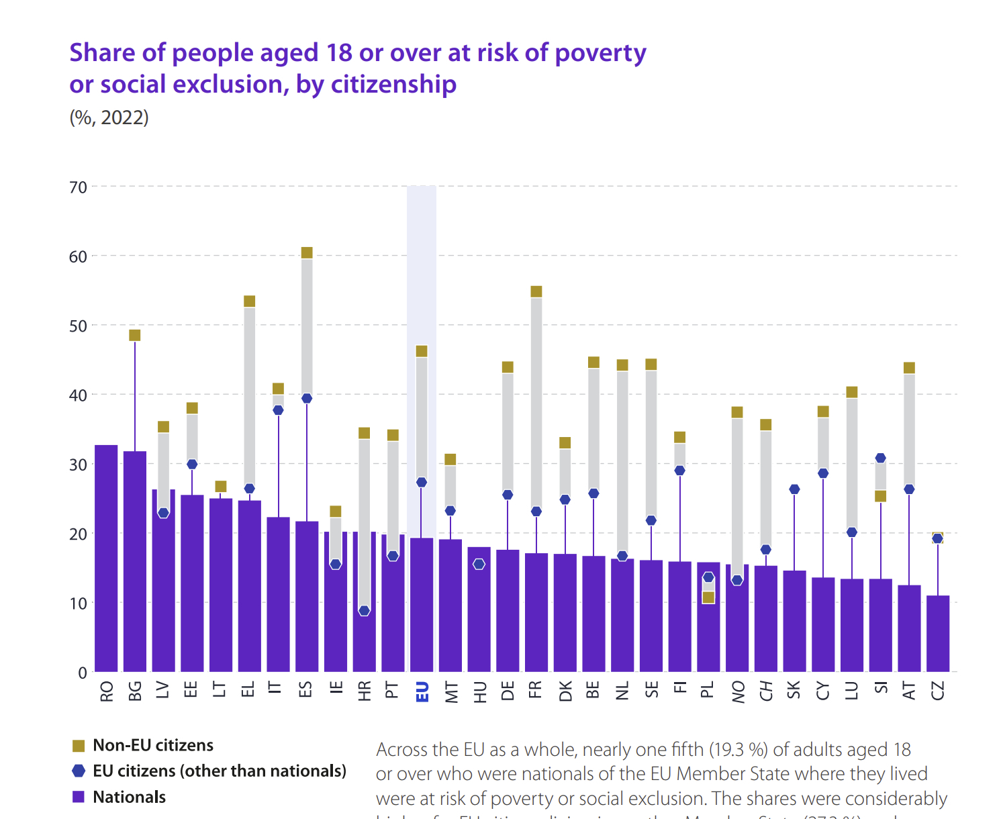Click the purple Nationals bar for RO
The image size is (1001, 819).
106,559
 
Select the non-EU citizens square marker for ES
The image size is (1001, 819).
307,253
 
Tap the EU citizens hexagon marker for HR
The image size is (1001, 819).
364,611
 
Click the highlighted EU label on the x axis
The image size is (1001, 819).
422,691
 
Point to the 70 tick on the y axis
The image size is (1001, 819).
79,187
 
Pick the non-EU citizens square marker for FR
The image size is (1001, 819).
536,291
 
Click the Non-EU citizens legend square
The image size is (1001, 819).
79,746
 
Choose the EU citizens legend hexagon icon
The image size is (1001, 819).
79,771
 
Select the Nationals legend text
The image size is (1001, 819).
129,798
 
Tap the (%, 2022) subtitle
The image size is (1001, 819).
109,117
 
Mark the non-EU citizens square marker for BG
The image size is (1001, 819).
135,336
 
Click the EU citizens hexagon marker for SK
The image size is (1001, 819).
794,489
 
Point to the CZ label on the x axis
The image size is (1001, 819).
938,690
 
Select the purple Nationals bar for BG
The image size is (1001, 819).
135,561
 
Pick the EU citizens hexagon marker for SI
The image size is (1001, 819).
880,459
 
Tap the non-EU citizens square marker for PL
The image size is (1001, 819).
708,597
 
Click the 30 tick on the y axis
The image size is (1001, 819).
79,465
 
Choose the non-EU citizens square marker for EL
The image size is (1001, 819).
250,301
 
